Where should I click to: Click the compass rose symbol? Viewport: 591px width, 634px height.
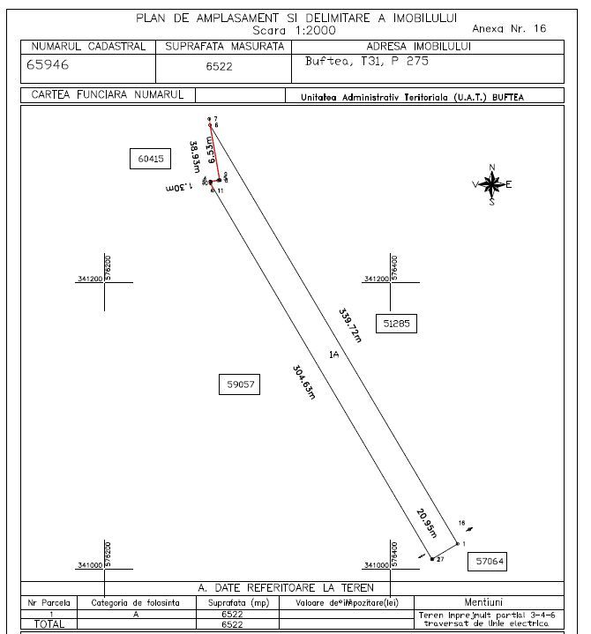point(492,184)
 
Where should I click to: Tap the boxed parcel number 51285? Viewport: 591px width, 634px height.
point(396,324)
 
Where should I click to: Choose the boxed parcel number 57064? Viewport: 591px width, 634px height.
point(490,561)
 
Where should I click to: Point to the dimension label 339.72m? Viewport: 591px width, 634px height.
point(350,324)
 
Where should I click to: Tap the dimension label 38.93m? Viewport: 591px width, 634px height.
point(194,156)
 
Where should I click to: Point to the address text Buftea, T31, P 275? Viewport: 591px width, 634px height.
point(355,63)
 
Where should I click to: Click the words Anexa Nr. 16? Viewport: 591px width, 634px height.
point(511,29)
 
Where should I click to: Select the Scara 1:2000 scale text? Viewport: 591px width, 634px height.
point(295,29)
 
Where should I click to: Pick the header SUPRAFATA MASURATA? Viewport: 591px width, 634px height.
point(225,46)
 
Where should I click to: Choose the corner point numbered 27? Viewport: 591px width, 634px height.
point(439,559)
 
